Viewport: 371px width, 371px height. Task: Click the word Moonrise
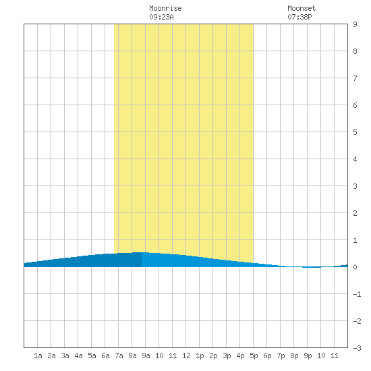165,9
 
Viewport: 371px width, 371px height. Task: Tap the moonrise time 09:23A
161,17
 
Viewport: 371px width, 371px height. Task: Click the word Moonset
302,9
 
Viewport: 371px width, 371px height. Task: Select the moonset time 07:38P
299,17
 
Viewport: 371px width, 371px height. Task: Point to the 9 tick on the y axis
355,24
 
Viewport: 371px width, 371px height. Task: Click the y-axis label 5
355,132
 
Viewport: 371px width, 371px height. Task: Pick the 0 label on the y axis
355,267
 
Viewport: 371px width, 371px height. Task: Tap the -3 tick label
357,348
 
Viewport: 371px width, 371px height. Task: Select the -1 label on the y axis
357,294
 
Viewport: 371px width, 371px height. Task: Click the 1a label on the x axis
38,355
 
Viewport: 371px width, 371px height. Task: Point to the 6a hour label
105,355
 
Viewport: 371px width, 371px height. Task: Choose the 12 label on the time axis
186,355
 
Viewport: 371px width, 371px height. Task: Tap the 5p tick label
254,355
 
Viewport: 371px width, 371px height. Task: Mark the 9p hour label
308,355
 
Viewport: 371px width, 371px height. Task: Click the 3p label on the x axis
227,355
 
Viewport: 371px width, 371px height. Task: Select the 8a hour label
132,355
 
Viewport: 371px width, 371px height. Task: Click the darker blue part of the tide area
94,261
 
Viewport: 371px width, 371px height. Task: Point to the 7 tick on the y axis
355,78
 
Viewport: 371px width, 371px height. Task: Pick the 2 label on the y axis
355,213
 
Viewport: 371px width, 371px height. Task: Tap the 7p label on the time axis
281,355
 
